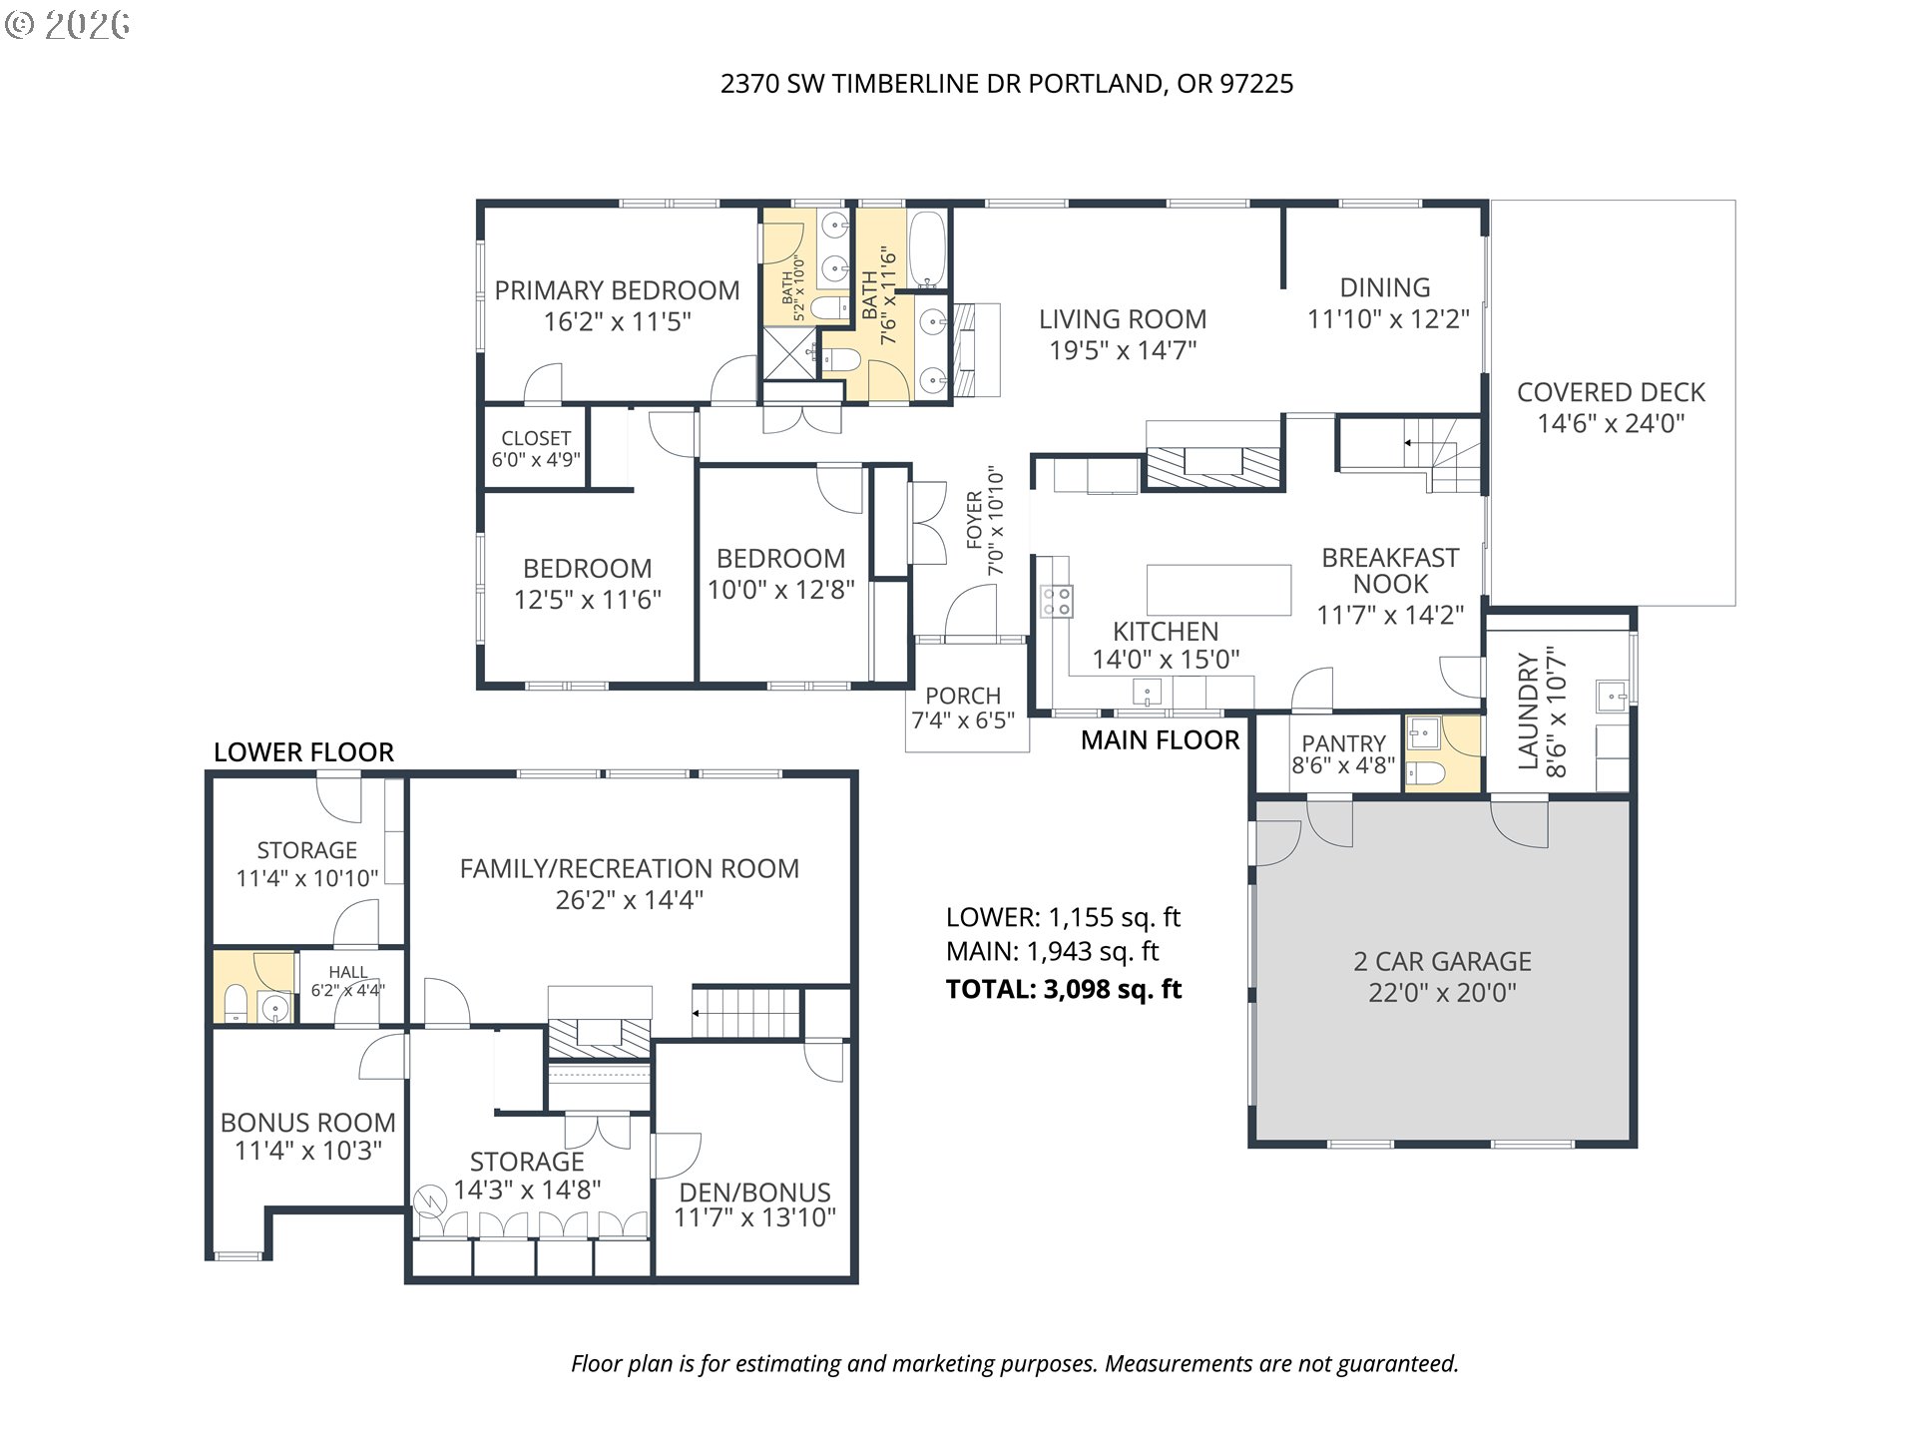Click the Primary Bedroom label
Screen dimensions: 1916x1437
coord(617,290)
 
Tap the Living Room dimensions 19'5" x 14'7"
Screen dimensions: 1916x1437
coord(1123,350)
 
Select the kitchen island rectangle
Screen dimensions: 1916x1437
coord(1218,590)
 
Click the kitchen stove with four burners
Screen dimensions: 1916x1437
coord(1057,601)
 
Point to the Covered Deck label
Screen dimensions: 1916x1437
coord(1611,392)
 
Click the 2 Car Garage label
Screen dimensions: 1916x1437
coord(1442,962)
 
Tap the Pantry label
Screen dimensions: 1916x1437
coord(1343,743)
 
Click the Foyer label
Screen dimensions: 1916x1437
coord(974,520)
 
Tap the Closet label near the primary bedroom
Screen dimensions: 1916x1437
coord(536,438)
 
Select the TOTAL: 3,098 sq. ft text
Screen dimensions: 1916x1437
coord(1064,989)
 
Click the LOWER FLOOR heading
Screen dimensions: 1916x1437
coord(303,752)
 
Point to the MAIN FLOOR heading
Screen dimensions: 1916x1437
coord(1160,739)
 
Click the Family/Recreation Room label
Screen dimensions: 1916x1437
coord(630,869)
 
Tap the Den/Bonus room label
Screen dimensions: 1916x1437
coord(754,1193)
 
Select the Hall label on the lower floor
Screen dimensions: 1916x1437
coord(348,972)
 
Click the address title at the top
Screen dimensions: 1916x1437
coord(1007,84)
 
